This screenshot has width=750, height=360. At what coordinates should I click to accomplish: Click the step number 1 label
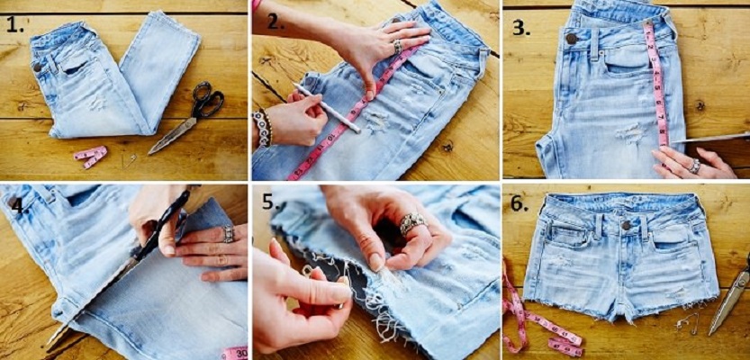(x=14, y=23)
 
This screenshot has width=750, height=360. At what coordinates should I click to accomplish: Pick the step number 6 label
(x=519, y=204)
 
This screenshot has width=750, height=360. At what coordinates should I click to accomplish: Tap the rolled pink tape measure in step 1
(x=90, y=156)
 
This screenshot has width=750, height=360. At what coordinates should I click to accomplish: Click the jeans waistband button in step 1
(x=37, y=67)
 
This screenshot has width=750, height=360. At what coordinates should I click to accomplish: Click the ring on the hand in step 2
(x=397, y=45)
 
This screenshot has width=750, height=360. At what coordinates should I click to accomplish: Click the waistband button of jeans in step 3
(x=570, y=39)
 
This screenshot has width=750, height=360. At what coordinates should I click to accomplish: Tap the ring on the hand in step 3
(x=695, y=166)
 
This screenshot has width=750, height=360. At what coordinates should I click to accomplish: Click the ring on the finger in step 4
(x=228, y=234)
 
